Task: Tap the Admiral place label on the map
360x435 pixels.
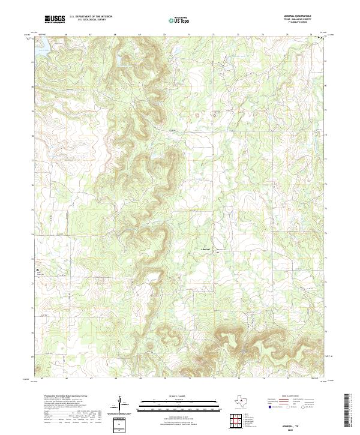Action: [205, 248]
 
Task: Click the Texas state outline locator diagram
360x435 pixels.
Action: [246, 400]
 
